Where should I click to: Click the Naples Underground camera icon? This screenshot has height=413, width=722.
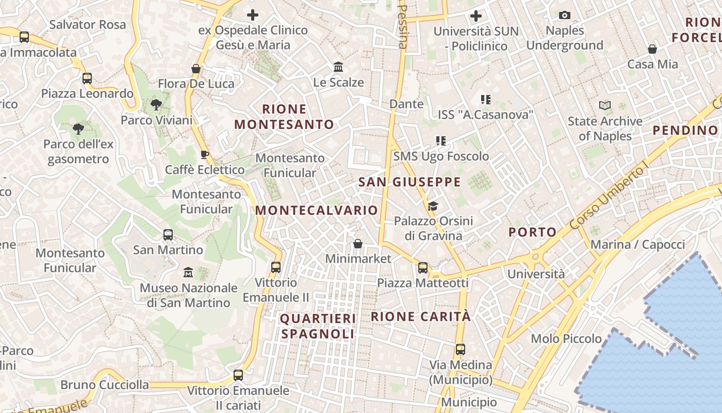(565, 15)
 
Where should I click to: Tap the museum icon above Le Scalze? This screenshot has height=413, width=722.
(338, 67)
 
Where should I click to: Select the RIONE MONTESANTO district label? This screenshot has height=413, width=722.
(284, 117)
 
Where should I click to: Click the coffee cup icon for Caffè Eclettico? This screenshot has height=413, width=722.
(205, 154)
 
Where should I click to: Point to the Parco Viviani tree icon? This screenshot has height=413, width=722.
(156, 105)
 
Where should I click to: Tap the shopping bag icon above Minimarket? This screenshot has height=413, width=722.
(358, 243)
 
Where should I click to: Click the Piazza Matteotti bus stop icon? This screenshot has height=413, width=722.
(423, 267)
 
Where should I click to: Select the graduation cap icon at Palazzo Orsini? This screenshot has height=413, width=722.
(433, 206)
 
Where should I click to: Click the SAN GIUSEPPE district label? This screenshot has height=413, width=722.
(409, 182)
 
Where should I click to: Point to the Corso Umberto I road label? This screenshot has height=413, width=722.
(609, 198)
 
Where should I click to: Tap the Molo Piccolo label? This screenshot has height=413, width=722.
(566, 339)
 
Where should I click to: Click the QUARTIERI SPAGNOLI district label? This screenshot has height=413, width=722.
(318, 326)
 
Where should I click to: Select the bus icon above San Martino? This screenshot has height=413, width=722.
(168, 235)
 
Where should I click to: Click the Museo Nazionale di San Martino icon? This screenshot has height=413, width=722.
(188, 272)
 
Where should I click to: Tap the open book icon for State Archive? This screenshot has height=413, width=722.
(605, 106)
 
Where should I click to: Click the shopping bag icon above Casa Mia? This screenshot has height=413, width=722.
(652, 49)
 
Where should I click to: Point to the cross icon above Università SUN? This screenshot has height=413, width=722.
(476, 16)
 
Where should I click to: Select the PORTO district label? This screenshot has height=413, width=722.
(533, 232)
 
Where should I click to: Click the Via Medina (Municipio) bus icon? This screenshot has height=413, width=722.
(461, 350)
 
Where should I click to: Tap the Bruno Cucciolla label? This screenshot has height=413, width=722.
(105, 385)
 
